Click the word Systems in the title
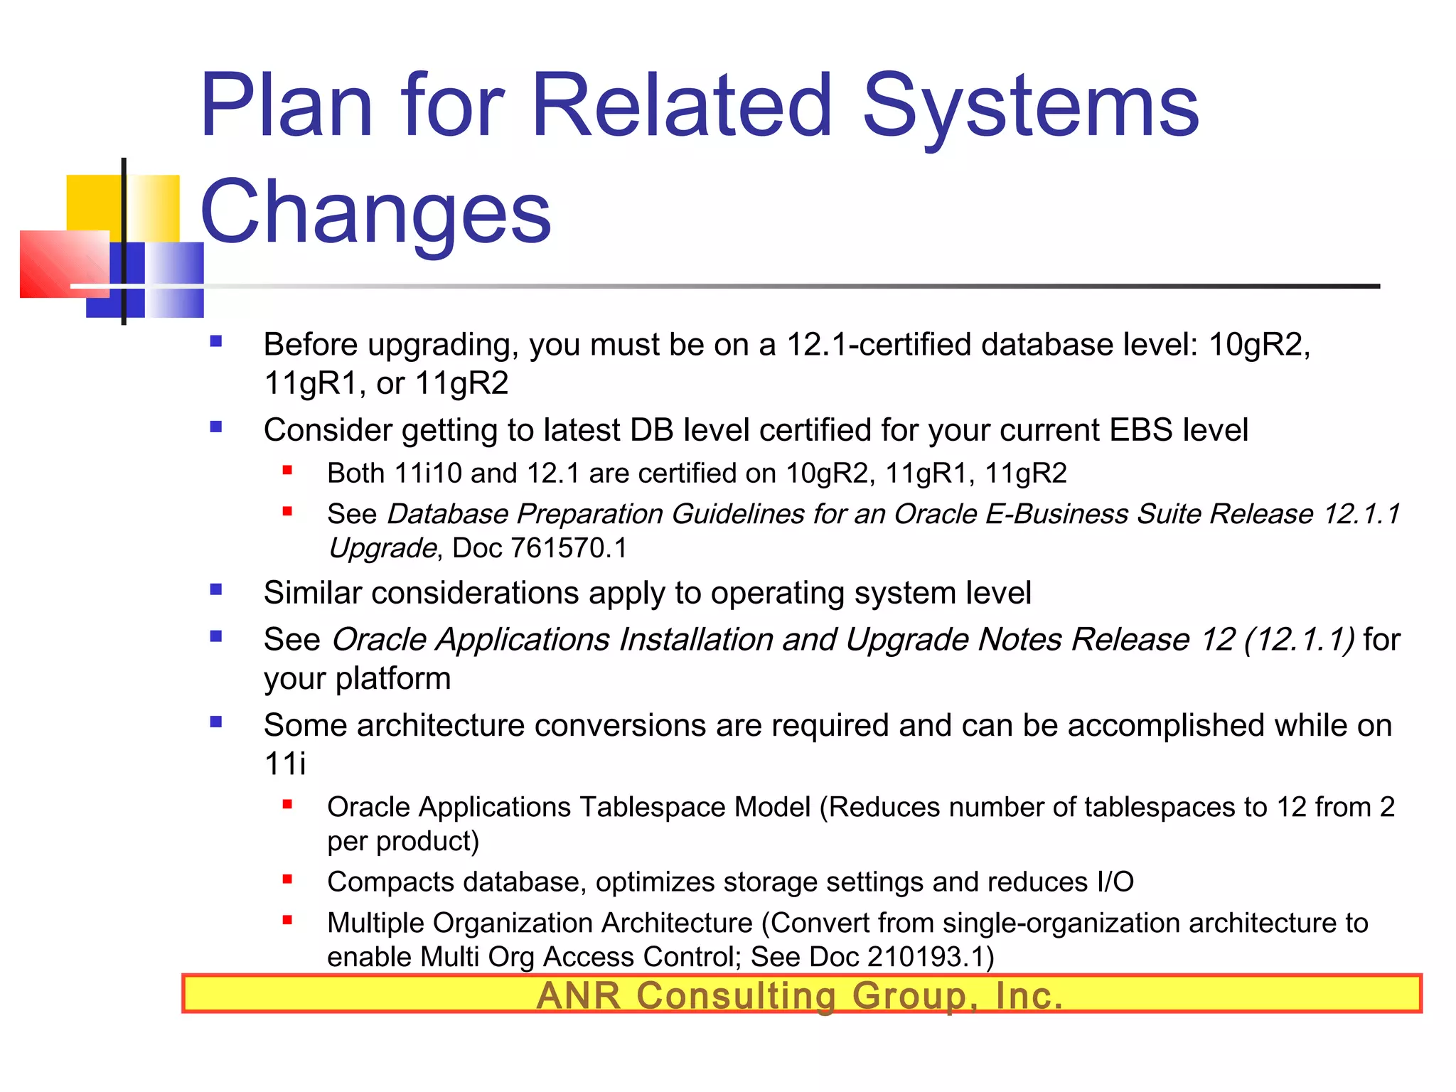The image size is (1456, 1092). pos(1030,107)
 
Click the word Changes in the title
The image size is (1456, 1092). pos(375,212)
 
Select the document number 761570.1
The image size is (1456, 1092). pos(569,548)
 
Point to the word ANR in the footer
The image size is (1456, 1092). pos(579,995)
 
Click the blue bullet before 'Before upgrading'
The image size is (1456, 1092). pos(216,342)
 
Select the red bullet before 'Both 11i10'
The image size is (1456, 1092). pos(287,470)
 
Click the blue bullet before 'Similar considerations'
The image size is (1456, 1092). pos(216,589)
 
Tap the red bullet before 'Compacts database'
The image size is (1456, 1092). pos(287,879)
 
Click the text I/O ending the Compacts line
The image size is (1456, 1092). pos(1114,882)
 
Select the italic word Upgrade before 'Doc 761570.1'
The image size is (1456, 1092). pos(382,548)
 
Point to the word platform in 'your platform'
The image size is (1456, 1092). pos(392,678)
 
